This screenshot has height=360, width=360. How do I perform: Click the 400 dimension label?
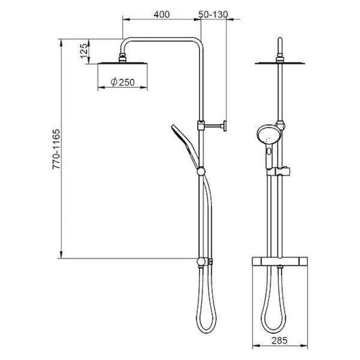(x=162, y=14)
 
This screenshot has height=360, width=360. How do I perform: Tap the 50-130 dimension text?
(x=213, y=14)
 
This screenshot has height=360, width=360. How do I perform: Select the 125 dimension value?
(x=84, y=51)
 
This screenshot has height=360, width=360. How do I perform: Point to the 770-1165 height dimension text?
(x=56, y=149)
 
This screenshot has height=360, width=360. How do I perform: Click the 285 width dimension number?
(x=280, y=340)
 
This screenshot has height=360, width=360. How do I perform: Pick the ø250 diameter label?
(x=122, y=82)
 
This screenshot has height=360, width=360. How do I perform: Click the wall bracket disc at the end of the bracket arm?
(x=225, y=126)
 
